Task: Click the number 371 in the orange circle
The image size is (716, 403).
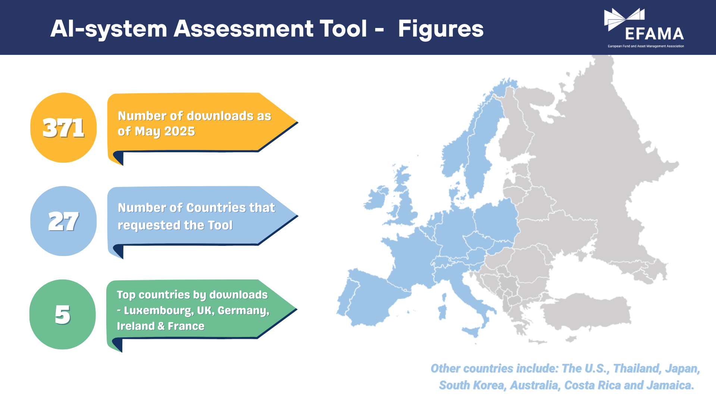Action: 63,128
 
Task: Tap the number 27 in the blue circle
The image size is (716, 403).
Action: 63,221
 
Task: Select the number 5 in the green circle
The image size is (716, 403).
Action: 63,315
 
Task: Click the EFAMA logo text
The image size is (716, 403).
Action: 654,34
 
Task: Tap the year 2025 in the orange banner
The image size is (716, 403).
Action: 180,131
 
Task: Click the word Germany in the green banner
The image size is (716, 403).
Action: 244,311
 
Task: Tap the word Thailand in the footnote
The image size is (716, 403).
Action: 638,369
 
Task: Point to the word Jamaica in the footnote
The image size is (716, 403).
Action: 671,385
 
